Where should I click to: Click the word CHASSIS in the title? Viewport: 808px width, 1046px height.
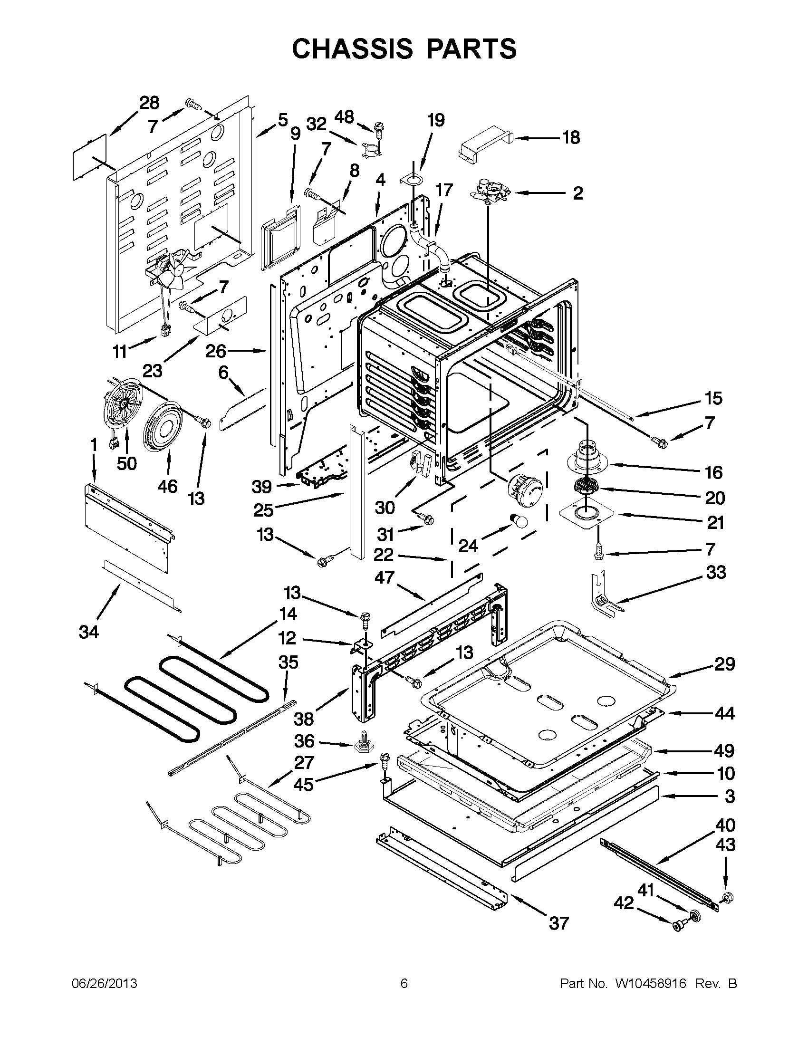(352, 49)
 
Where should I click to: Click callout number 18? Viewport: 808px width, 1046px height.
(571, 137)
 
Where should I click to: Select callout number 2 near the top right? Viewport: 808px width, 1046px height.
(577, 193)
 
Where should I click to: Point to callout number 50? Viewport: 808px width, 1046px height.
(127, 463)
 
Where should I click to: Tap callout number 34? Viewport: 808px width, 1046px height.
(89, 632)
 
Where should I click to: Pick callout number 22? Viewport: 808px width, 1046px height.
(384, 555)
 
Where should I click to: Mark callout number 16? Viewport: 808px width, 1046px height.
(713, 472)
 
